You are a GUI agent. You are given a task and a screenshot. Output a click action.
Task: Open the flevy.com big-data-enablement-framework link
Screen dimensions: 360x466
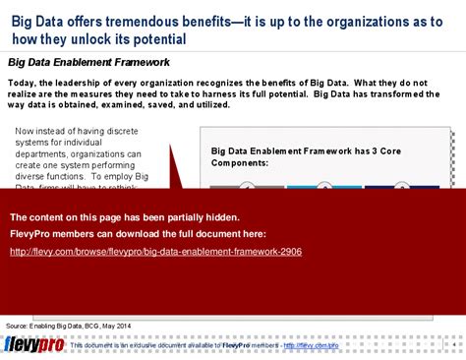click(155, 252)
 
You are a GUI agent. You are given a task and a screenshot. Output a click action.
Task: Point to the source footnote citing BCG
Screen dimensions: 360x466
click(67, 324)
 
